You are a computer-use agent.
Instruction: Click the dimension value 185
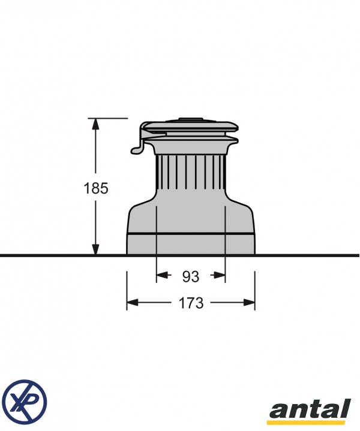point(96,188)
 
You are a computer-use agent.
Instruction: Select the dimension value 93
point(190,276)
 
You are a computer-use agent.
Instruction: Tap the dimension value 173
point(191,303)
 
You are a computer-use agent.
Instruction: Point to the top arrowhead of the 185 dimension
point(95,124)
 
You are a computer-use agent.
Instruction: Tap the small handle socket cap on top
point(190,120)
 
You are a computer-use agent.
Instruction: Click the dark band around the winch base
point(190,232)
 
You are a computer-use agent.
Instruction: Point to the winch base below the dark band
point(190,244)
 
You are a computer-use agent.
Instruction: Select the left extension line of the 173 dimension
point(127,291)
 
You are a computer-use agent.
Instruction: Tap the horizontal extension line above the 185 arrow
point(111,119)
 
